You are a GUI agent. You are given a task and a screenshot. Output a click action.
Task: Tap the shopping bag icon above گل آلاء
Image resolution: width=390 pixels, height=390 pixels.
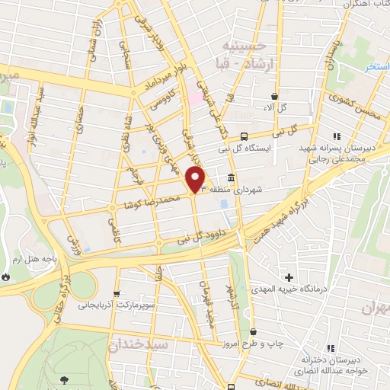[x=274, y=96]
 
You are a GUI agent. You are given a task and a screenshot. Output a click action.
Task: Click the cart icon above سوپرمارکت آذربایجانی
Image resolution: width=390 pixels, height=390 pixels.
[x=116, y=293]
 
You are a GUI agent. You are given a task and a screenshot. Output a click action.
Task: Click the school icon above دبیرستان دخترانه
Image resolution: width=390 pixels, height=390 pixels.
[x=331, y=348]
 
